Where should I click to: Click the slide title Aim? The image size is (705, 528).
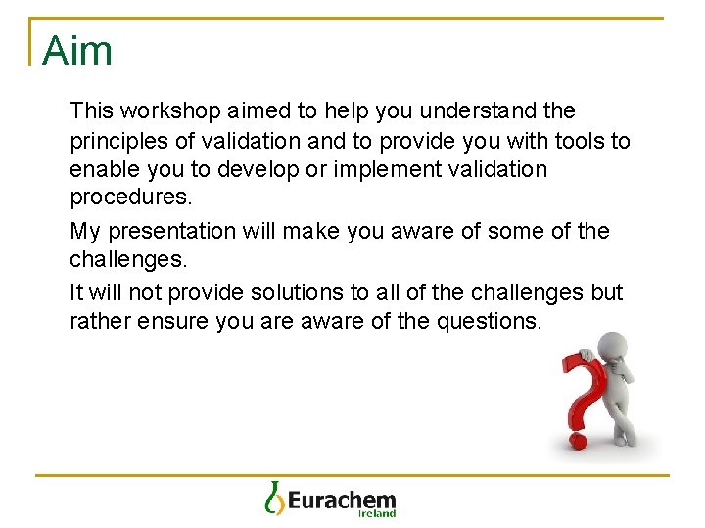click(77, 50)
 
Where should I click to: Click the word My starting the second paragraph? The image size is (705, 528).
click(85, 232)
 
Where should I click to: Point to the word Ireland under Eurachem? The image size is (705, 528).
click(376, 513)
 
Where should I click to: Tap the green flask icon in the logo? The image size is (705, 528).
click(273, 498)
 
